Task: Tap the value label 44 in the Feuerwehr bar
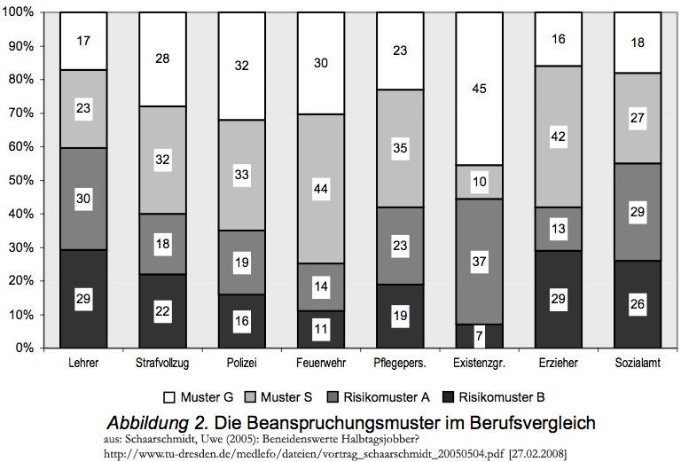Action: pyautogui.click(x=320, y=188)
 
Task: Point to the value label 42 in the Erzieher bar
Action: pyautogui.click(x=558, y=137)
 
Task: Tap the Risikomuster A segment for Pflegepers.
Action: pyautogui.click(x=399, y=245)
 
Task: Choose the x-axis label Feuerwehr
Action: pyautogui.click(x=319, y=364)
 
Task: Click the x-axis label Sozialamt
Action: pyautogui.click(x=638, y=364)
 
